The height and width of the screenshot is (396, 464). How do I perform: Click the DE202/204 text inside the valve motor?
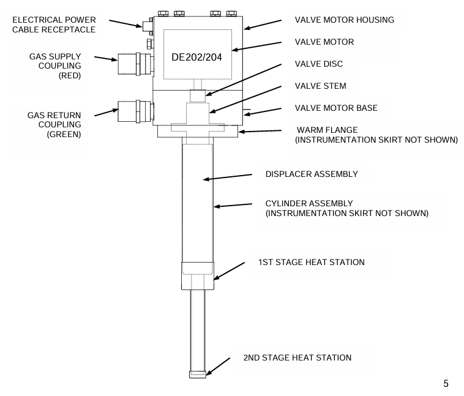[x=196, y=57]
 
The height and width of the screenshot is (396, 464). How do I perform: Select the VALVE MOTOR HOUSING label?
[x=345, y=20]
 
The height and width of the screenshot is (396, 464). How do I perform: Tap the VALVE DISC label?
[x=319, y=64]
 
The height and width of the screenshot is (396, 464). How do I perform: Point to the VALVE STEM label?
[x=321, y=86]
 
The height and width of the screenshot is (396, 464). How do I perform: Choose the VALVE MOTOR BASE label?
[x=336, y=108]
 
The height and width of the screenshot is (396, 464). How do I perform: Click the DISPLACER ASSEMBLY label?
[x=312, y=174]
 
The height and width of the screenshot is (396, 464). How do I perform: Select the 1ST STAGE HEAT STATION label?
[x=312, y=262]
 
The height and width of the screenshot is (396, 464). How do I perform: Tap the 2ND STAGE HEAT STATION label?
[x=297, y=357]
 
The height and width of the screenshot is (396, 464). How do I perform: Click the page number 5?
[x=446, y=384]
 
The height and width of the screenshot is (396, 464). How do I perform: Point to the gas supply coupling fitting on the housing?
[x=136, y=64]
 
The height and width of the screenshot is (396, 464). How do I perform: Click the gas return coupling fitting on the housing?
[x=136, y=111]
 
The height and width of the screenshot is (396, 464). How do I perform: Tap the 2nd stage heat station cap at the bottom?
[x=198, y=375]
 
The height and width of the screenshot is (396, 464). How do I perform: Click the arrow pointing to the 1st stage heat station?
[x=229, y=271]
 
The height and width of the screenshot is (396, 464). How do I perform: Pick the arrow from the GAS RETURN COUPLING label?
[x=107, y=113]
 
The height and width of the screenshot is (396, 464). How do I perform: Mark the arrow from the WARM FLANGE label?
[x=260, y=131]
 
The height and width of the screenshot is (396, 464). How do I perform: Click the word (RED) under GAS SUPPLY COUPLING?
[x=70, y=75]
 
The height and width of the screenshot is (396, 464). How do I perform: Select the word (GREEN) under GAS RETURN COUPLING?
[x=64, y=134]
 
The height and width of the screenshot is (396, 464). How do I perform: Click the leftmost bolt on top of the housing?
[x=163, y=13]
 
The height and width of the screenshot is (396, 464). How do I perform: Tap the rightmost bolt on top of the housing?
[x=231, y=13]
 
